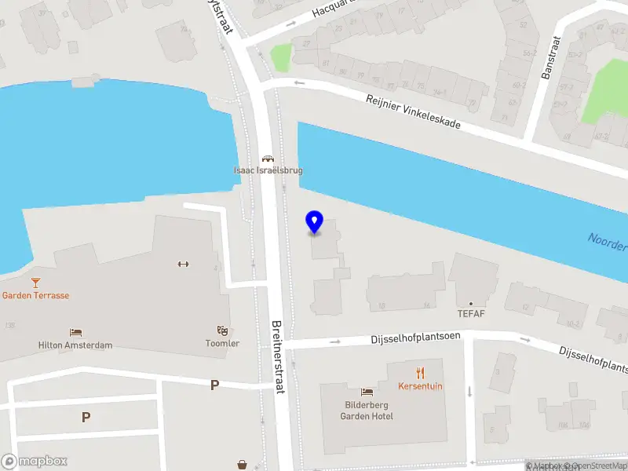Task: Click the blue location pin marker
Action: pyautogui.click(x=314, y=222)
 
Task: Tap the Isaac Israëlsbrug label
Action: pyautogui.click(x=268, y=170)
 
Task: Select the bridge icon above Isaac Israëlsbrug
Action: pyautogui.click(x=268, y=159)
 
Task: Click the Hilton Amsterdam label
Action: pyautogui.click(x=75, y=345)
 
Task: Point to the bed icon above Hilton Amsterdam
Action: pyautogui.click(x=75, y=333)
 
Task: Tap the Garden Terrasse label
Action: pyautogui.click(x=35, y=295)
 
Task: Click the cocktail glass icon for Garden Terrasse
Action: pyautogui.click(x=35, y=283)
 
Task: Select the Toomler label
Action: pyautogui.click(x=222, y=344)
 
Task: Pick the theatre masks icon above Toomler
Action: pyautogui.click(x=222, y=331)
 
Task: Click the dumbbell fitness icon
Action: pyautogui.click(x=184, y=264)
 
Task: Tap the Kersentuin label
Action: pyautogui.click(x=421, y=387)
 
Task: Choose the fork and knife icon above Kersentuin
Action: pyautogui.click(x=421, y=374)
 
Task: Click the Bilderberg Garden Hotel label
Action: pyautogui.click(x=367, y=411)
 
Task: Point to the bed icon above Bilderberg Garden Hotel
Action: pyautogui.click(x=367, y=392)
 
